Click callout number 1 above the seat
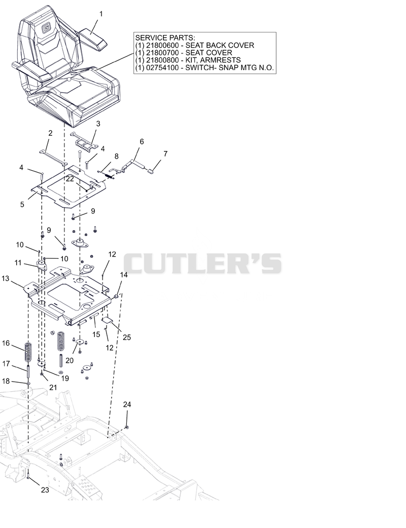pyautogui.click(x=101, y=14)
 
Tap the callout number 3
pyautogui.click(x=98, y=123)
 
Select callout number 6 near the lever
pyautogui.click(x=142, y=141)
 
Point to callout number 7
pyautogui.click(x=165, y=153)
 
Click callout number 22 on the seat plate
pyautogui.click(x=70, y=179)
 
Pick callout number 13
pyautogui.click(x=6, y=278)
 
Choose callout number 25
pyautogui.click(x=127, y=337)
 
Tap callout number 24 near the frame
pyautogui.click(x=127, y=405)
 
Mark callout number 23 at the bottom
pyautogui.click(x=45, y=490)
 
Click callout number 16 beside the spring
pyautogui.click(x=6, y=343)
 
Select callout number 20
pyautogui.click(x=70, y=361)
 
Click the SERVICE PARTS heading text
pyautogui.click(x=165, y=38)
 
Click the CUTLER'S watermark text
pyautogui.click(x=202, y=263)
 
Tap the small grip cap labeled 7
pyautogui.click(x=151, y=172)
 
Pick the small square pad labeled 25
pyautogui.click(x=107, y=320)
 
